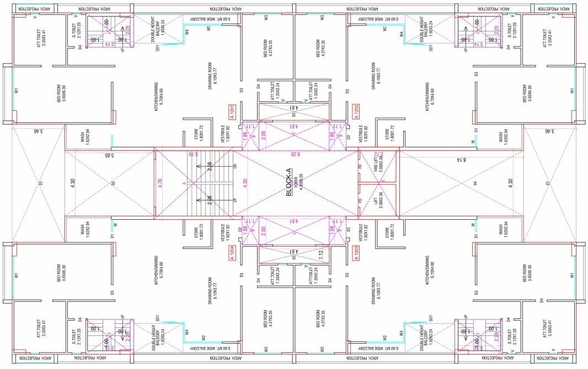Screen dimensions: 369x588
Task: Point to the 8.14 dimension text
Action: click(x=461, y=160)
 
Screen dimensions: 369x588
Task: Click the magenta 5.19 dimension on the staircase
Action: click(x=193, y=155)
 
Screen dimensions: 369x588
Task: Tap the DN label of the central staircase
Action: click(x=236, y=166)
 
